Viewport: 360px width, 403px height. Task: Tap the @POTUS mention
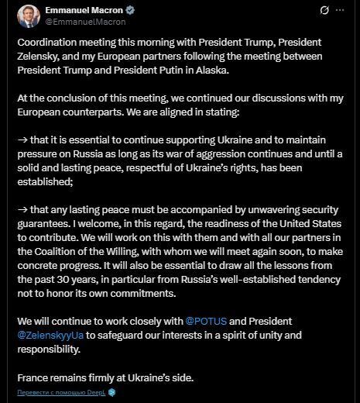point(205,320)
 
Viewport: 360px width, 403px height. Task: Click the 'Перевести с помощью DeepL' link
point(58,392)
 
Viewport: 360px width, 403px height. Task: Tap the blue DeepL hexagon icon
point(111,392)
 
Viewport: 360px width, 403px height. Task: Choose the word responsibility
point(51,349)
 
